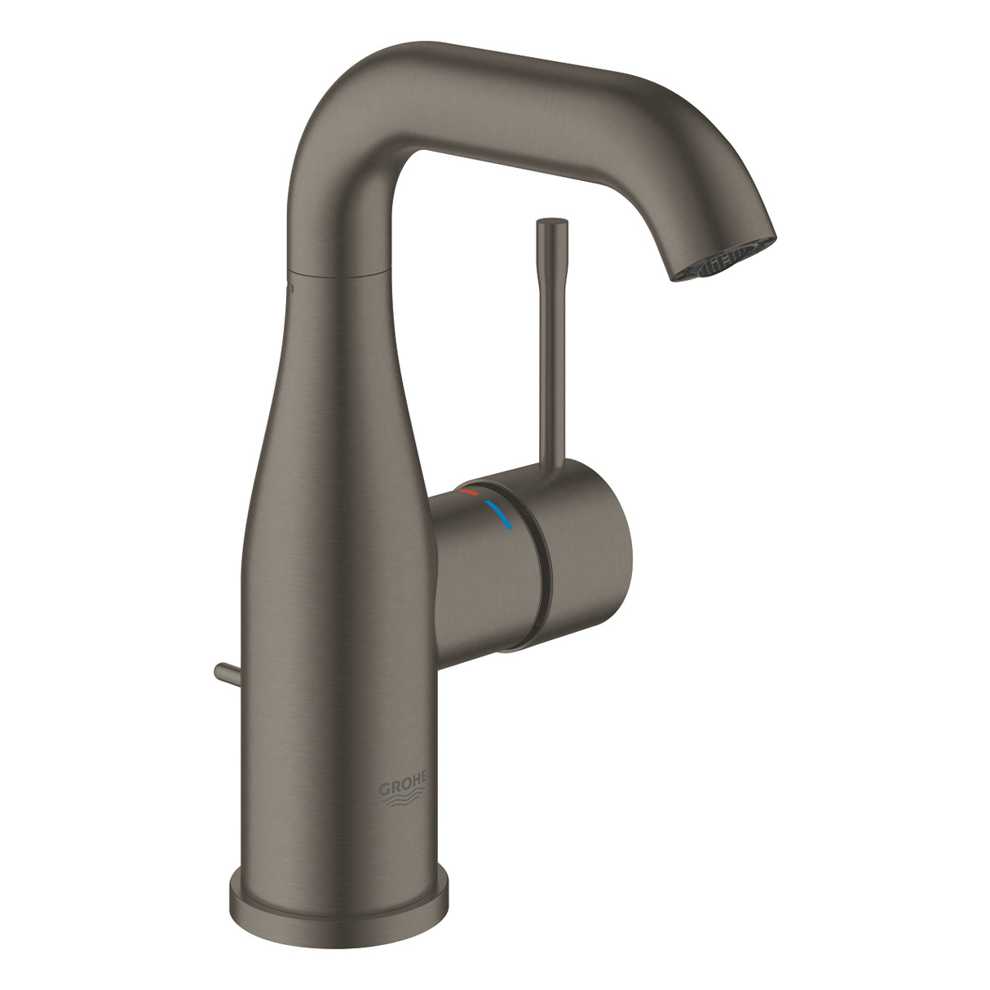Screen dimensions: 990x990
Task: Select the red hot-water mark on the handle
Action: (x=469, y=493)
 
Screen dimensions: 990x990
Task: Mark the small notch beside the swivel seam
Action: (x=288, y=288)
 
